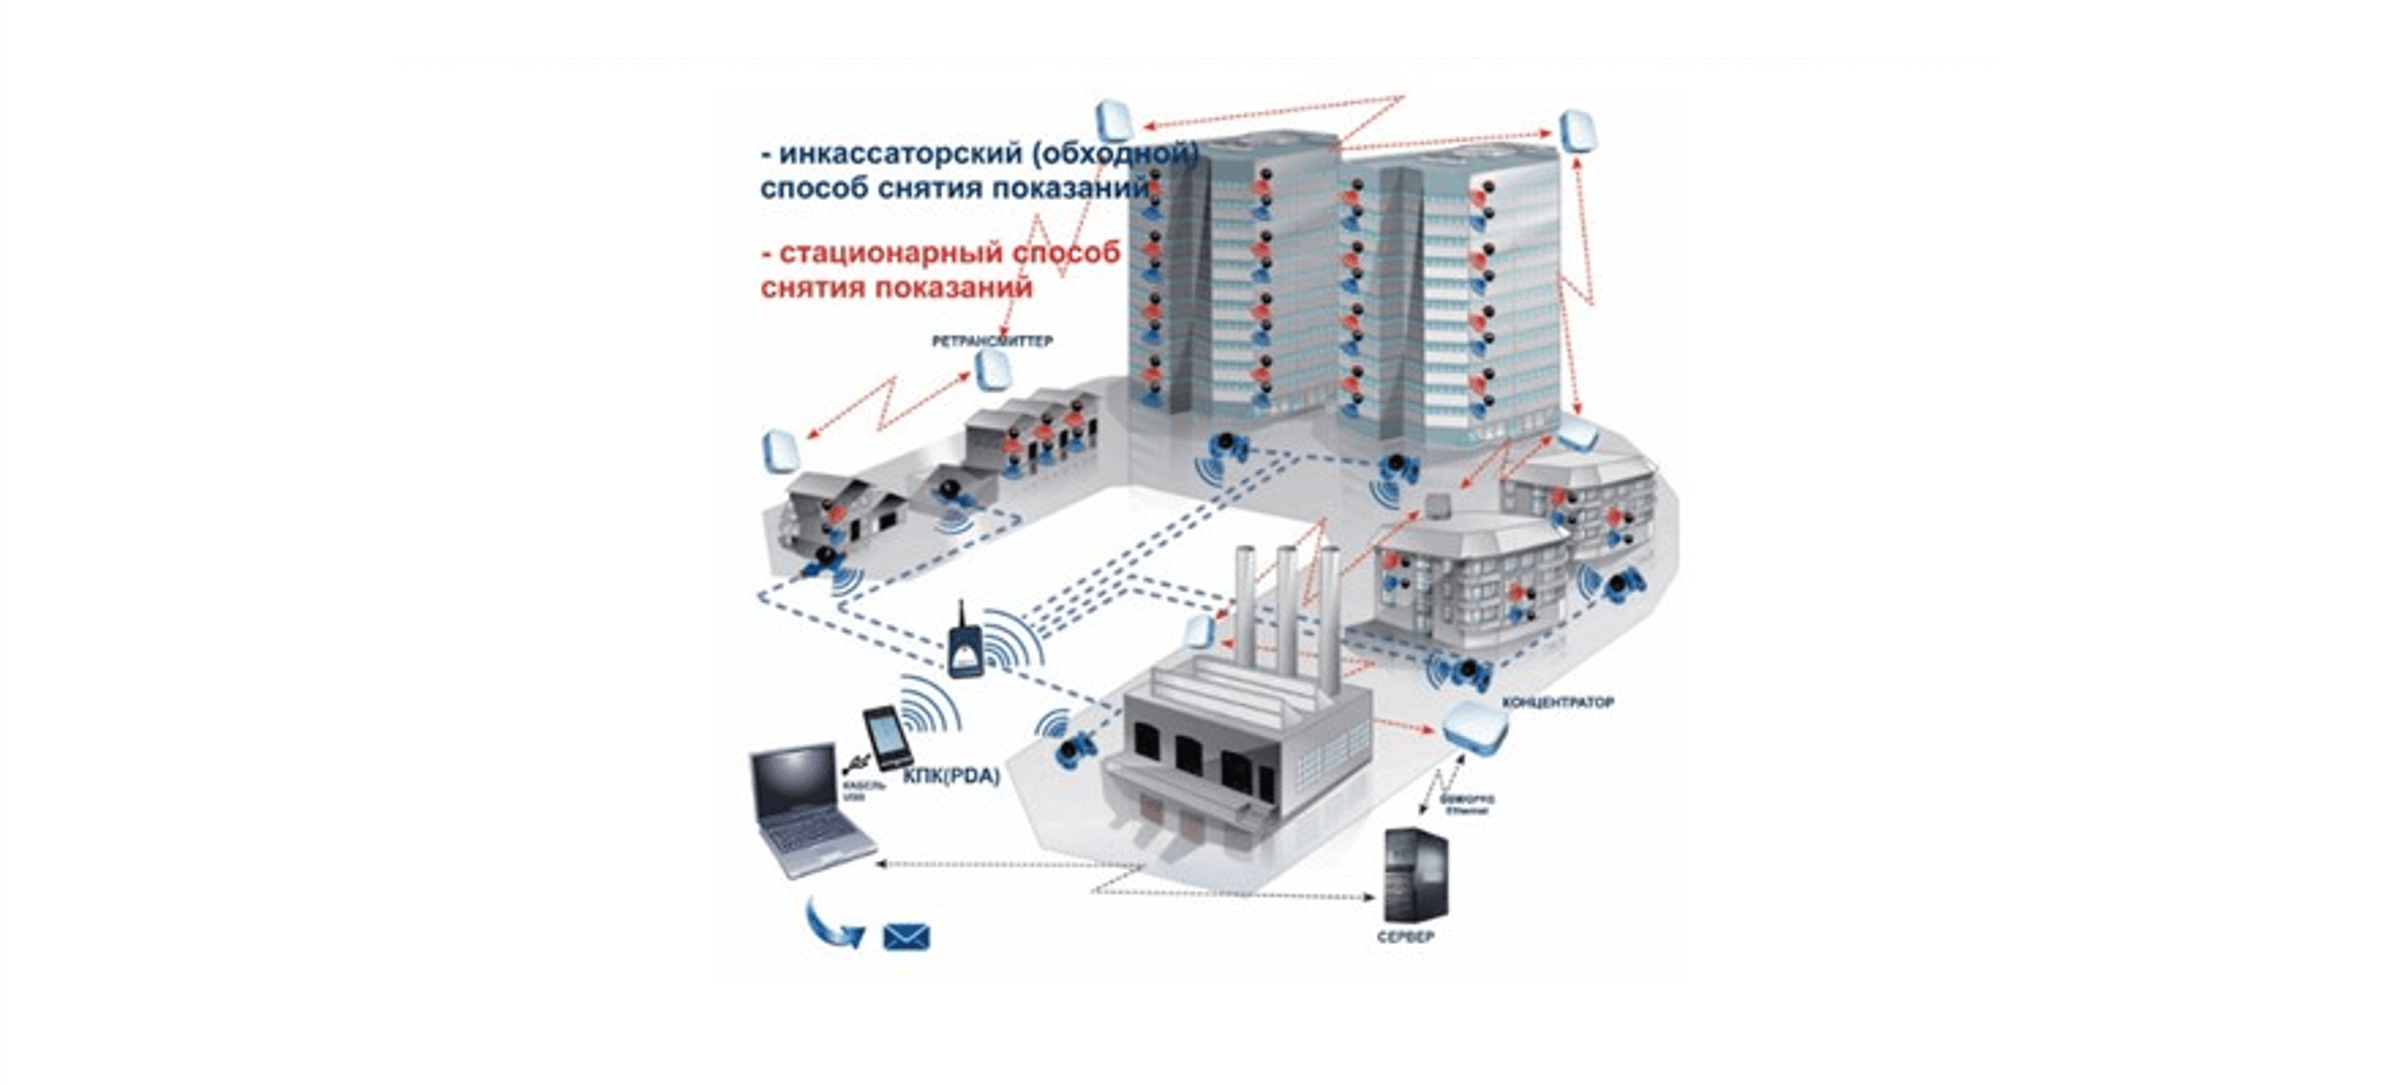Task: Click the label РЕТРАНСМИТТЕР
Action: (992, 341)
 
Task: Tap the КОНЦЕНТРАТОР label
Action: (1558, 702)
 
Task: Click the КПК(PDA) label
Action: (950, 775)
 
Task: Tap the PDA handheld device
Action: (886, 738)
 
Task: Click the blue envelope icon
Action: (906, 936)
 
